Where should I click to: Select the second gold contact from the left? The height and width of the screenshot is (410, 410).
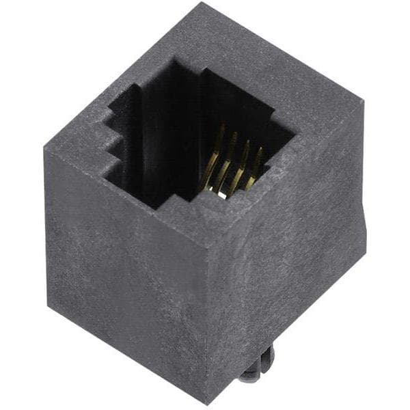[x=224, y=166]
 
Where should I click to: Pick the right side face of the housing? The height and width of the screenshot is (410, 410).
[x=287, y=273]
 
